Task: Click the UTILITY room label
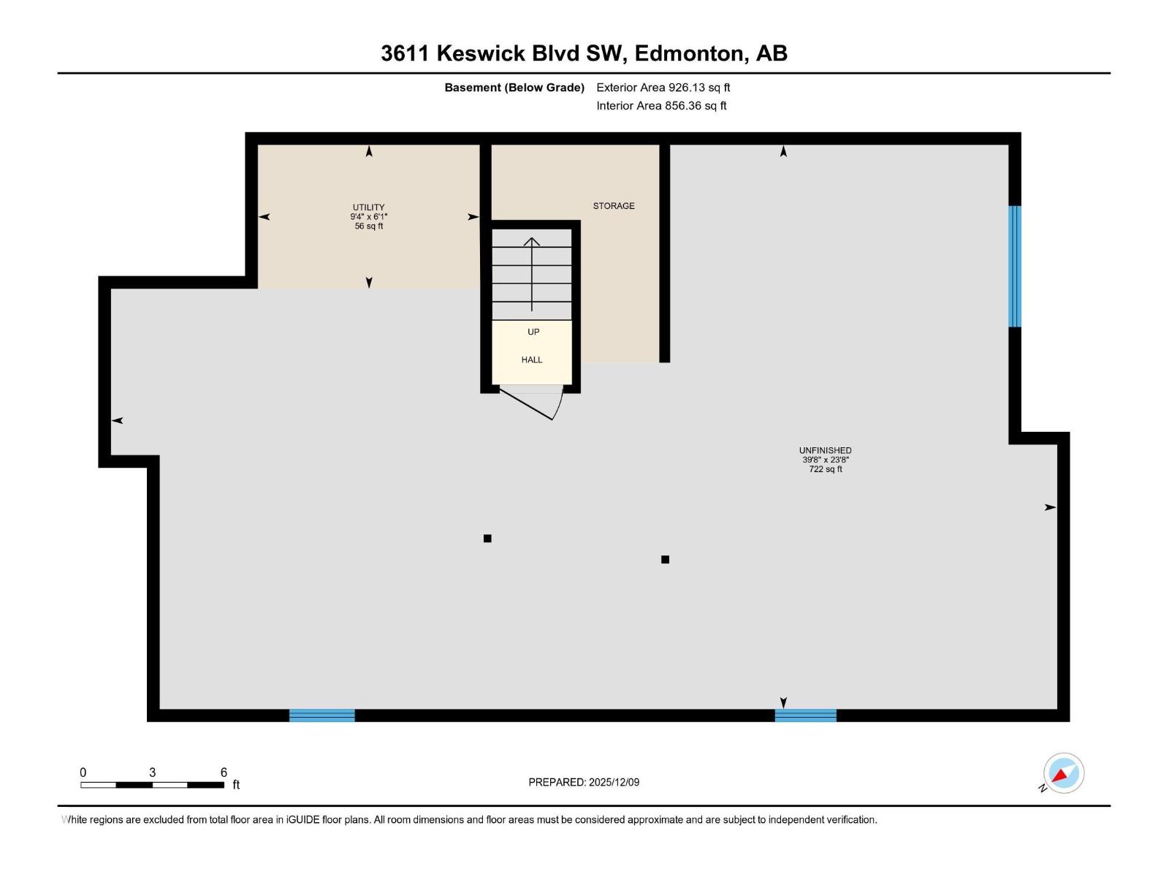pos(368,207)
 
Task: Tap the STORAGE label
pos(613,206)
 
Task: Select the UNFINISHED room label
pos(825,450)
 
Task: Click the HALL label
pos(532,360)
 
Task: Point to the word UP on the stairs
pos(533,332)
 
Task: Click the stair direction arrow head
pos(532,241)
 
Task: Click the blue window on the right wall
pos(1014,266)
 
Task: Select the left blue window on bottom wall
pos(322,715)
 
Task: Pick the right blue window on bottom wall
pos(805,715)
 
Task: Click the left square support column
pos(487,539)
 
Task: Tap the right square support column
pos(665,560)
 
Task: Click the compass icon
pos(1063,773)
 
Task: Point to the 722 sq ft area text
pos(825,469)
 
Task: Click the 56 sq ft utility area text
pos(368,227)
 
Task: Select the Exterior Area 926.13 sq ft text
pos(663,88)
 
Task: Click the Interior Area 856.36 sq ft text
pos(661,106)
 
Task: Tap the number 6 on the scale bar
pos(224,772)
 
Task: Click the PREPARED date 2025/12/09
pos(584,782)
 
